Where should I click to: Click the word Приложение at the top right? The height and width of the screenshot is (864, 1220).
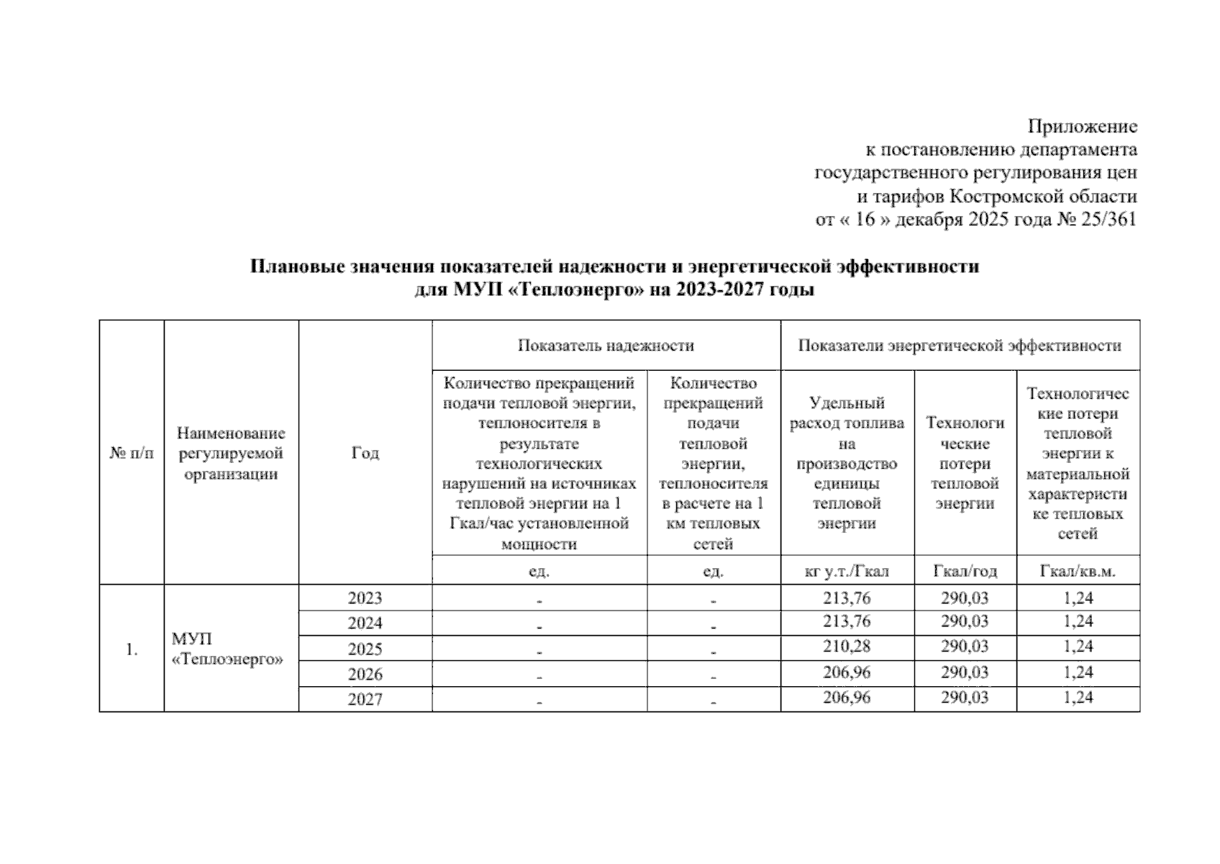[x=1082, y=127]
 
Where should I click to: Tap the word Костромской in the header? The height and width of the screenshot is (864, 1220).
[x=998, y=197]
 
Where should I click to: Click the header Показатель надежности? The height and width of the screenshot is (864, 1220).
[x=606, y=346]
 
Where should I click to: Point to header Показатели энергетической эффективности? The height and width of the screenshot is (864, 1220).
[x=960, y=346]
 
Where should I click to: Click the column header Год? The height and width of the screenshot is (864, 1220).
[x=365, y=453]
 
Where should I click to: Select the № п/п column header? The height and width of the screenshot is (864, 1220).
[x=132, y=453]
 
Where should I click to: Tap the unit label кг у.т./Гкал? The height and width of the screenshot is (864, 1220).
[x=847, y=572]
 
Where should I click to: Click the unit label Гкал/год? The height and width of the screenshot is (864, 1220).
[x=965, y=572]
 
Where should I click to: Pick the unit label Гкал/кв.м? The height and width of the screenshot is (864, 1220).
[x=1078, y=572]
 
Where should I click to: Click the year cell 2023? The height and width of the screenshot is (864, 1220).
[x=365, y=598]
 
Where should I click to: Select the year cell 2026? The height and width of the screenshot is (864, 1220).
[x=365, y=675]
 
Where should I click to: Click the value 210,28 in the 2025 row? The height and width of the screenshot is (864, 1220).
[x=847, y=647]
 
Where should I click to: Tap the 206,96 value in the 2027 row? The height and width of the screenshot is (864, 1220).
[x=847, y=698]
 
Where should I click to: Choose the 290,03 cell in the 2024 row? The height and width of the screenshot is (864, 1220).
[x=965, y=621]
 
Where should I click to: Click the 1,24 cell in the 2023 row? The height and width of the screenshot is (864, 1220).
[x=1078, y=598]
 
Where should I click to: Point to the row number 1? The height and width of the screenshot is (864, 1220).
[x=132, y=649]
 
